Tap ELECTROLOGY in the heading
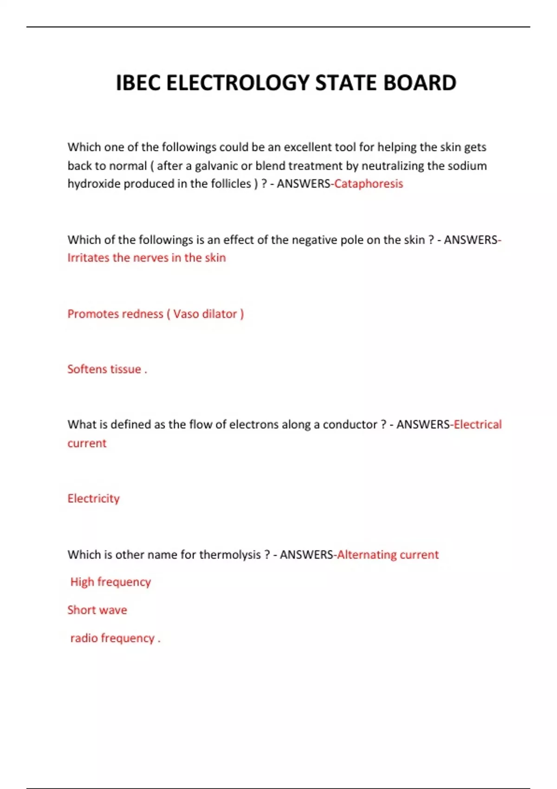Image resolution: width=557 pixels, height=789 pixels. point(238,83)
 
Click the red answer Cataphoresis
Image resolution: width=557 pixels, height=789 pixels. point(369,184)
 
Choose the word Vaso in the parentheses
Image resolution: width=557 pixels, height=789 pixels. point(186,314)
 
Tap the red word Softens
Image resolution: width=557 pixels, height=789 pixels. point(87,369)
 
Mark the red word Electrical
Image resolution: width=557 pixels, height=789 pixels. point(478,425)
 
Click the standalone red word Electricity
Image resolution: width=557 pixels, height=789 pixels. point(93,498)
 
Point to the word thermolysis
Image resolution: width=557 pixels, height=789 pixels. point(230,555)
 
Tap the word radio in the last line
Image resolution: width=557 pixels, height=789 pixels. point(84,638)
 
